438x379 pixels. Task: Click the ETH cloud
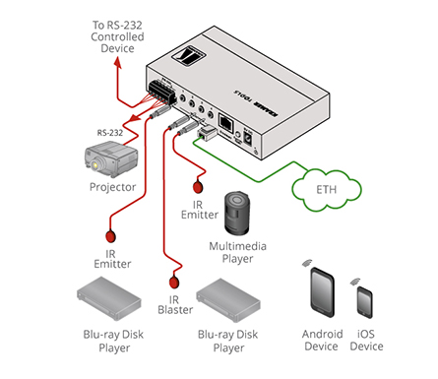click(327, 189)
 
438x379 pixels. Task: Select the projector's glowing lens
click(95, 165)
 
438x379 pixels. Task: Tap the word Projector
click(112, 187)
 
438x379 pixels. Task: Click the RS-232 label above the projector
click(110, 133)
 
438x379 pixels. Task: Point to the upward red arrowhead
click(118, 63)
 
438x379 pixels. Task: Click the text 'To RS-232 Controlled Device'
click(117, 36)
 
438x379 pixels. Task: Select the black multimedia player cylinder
click(237, 213)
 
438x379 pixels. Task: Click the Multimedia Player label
click(237, 252)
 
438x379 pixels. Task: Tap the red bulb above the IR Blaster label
click(174, 282)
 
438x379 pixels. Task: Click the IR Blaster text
click(175, 305)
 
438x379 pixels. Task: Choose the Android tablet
click(323, 292)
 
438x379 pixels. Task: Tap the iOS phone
click(365, 302)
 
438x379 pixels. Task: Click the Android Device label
click(322, 341)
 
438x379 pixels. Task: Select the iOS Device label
click(366, 341)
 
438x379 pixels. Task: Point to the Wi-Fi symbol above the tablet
click(307, 263)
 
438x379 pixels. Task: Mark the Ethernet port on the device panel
click(225, 122)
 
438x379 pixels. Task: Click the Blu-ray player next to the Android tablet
click(228, 300)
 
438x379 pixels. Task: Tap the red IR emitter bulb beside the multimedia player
click(198, 187)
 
